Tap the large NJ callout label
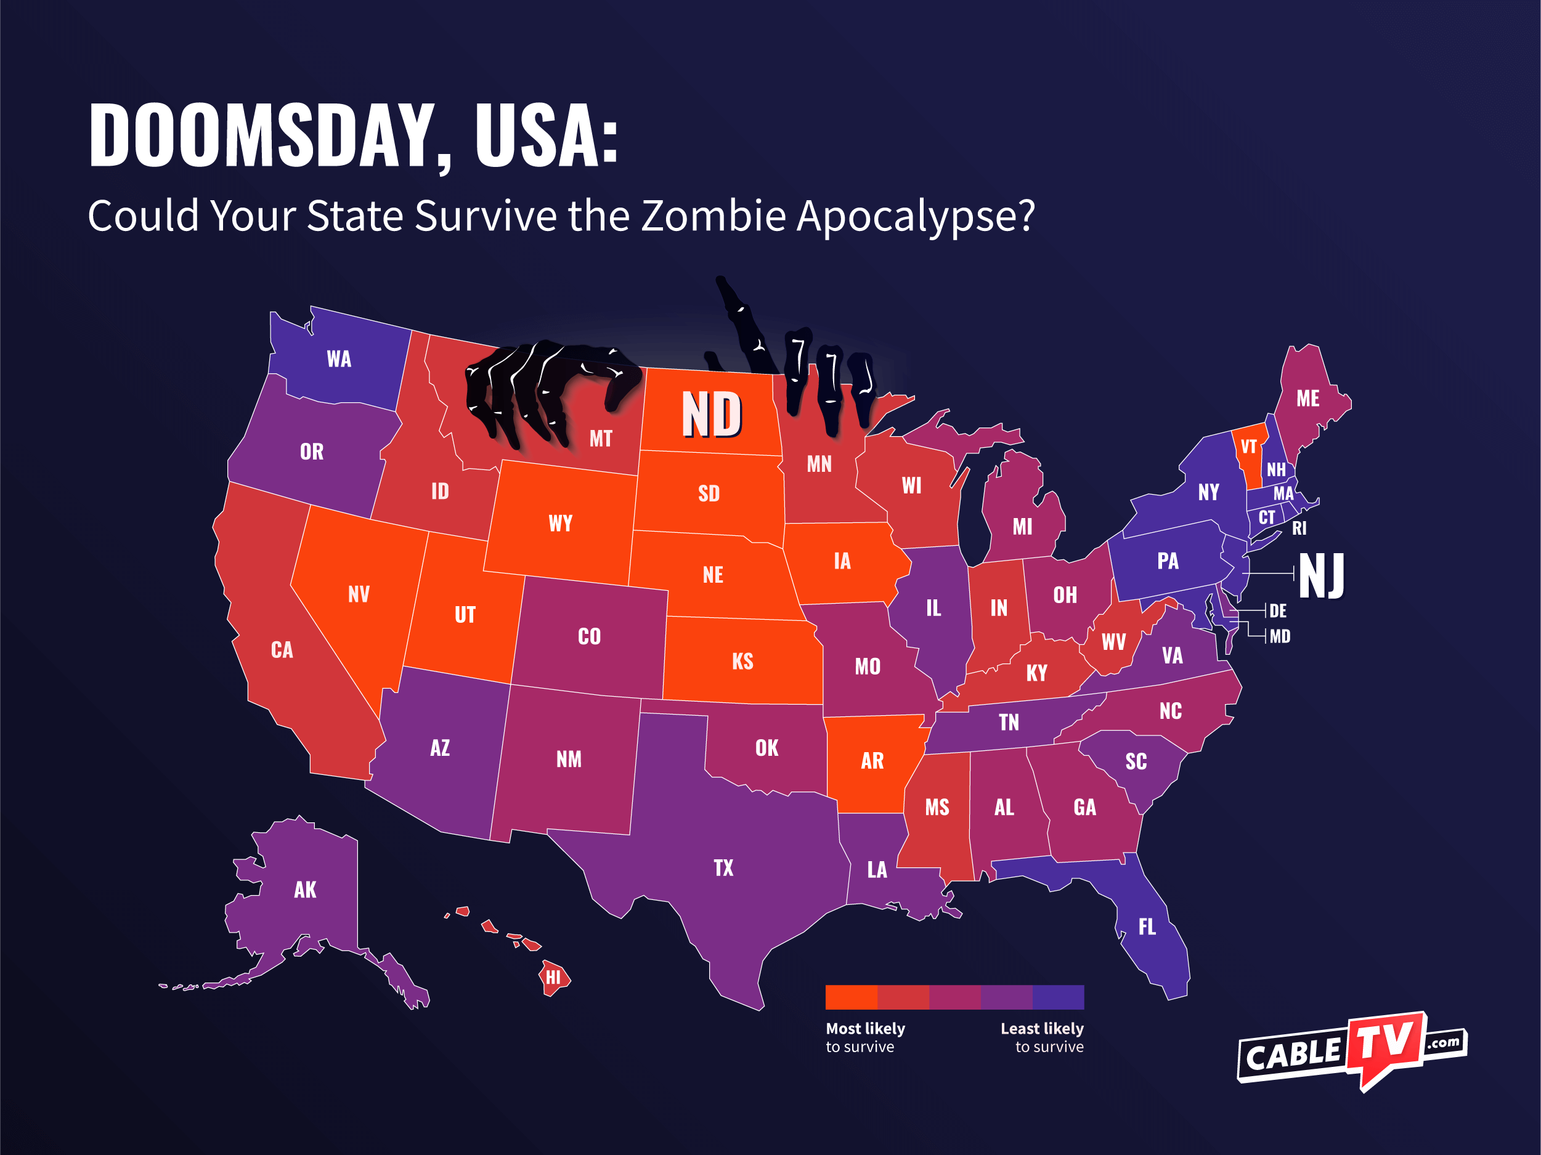[x=1321, y=575]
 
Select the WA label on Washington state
[x=340, y=359]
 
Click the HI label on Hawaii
[x=553, y=978]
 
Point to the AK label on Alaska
[x=305, y=890]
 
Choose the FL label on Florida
[x=1147, y=926]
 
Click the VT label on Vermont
[x=1248, y=447]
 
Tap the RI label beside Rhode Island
[x=1299, y=528]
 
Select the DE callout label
[x=1278, y=611]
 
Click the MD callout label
[x=1280, y=636]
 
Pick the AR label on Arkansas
[x=872, y=761]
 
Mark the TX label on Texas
[x=723, y=867]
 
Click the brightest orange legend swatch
[x=852, y=997]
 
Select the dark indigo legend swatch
[x=1058, y=997]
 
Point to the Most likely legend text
[x=865, y=1028]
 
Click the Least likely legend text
[x=1041, y=1028]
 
